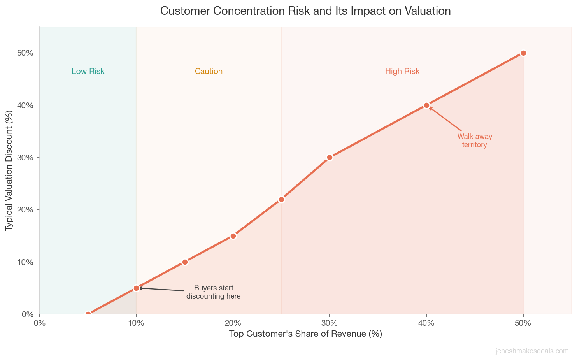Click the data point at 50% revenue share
pyautogui.click(x=523, y=53)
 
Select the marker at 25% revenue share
pyautogui.click(x=281, y=199)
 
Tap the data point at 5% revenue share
pyautogui.click(x=88, y=314)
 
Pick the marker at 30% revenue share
pyautogui.click(x=330, y=157)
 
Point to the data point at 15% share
pyautogui.click(x=185, y=262)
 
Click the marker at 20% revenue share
pyautogui.click(x=233, y=236)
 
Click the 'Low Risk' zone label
pyautogui.click(x=88, y=71)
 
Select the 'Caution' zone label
pyautogui.click(x=209, y=71)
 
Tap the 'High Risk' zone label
pyautogui.click(x=402, y=71)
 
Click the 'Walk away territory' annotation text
pyautogui.click(x=474, y=140)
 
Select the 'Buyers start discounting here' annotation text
pyautogui.click(x=213, y=292)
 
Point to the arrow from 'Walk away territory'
pyautogui.click(x=445, y=119)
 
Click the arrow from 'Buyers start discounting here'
pyautogui.click(x=161, y=289)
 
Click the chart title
pyautogui.click(x=305, y=11)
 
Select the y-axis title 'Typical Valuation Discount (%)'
pyautogui.click(x=9, y=170)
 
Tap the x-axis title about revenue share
pyautogui.click(x=305, y=334)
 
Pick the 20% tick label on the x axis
pyautogui.click(x=233, y=323)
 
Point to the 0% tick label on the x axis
pyautogui.click(x=40, y=323)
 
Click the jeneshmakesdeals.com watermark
pyautogui.click(x=532, y=351)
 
